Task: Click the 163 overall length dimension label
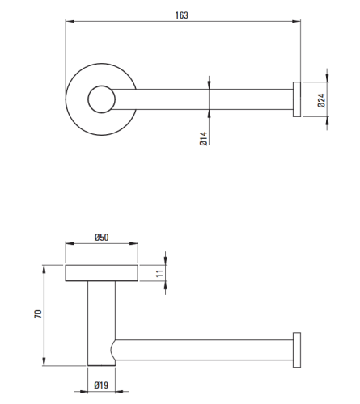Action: (181, 15)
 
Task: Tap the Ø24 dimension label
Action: (321, 100)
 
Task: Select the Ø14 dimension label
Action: (204, 138)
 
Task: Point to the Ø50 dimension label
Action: (101, 238)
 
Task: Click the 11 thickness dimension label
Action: (159, 273)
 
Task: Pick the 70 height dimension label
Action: (38, 314)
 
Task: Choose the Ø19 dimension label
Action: (101, 385)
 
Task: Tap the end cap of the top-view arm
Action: (297, 99)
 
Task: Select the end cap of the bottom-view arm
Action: (297, 350)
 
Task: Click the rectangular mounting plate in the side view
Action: (101, 273)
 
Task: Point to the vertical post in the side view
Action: (101, 323)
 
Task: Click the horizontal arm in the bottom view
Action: (203, 350)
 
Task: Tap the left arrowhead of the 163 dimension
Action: (70, 21)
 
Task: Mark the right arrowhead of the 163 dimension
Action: (297, 21)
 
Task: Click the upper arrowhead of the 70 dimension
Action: (44, 269)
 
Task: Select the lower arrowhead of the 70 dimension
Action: (44, 362)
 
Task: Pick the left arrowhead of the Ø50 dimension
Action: (70, 243)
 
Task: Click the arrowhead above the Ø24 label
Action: (327, 78)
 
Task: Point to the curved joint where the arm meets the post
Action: (112, 350)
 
